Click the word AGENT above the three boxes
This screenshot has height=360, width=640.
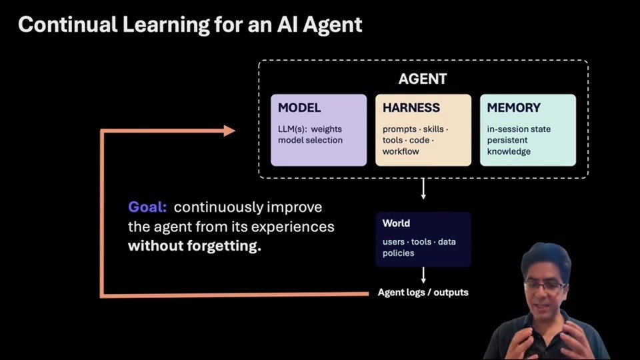tap(423, 79)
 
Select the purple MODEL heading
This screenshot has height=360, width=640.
tap(299, 108)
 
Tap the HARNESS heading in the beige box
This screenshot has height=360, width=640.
tap(411, 108)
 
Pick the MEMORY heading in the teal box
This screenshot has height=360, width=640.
tap(513, 108)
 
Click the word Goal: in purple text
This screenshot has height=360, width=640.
tap(147, 207)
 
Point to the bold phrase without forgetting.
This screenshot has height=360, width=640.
tap(194, 246)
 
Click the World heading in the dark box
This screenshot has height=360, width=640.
tap(396, 223)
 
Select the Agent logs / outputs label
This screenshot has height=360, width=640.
tap(423, 293)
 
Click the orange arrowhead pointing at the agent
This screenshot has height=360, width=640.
tap(229, 131)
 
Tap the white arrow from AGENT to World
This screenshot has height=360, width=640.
tap(423, 189)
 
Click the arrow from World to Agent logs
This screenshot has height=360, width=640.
tap(423, 275)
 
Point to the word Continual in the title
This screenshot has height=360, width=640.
tap(68, 25)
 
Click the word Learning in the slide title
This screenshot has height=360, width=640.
tap(165, 25)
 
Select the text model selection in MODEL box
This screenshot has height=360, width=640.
tap(310, 140)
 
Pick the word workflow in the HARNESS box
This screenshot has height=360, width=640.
tap(401, 151)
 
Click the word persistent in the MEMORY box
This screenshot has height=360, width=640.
tap(507, 141)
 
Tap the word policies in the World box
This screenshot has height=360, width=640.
tap(398, 253)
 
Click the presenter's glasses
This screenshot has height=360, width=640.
tap(545, 286)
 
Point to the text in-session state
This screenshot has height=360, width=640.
tap(519, 129)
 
